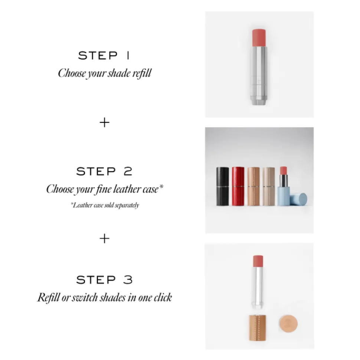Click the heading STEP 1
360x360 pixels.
(104, 56)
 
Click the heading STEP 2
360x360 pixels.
(104, 171)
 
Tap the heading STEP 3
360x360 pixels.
(104, 279)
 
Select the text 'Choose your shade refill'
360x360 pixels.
(105, 73)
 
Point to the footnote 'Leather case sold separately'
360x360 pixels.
(105, 205)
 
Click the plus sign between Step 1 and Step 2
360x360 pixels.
(104, 122)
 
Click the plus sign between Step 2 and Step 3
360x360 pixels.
(104, 239)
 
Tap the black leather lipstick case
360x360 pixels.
(222, 186)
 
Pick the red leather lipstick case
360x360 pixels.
(238, 186)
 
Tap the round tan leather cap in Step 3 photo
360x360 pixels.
(288, 324)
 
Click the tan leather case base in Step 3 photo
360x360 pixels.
(258, 328)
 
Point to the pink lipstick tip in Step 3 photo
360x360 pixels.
(258, 261)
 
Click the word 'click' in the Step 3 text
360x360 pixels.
(163, 298)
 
